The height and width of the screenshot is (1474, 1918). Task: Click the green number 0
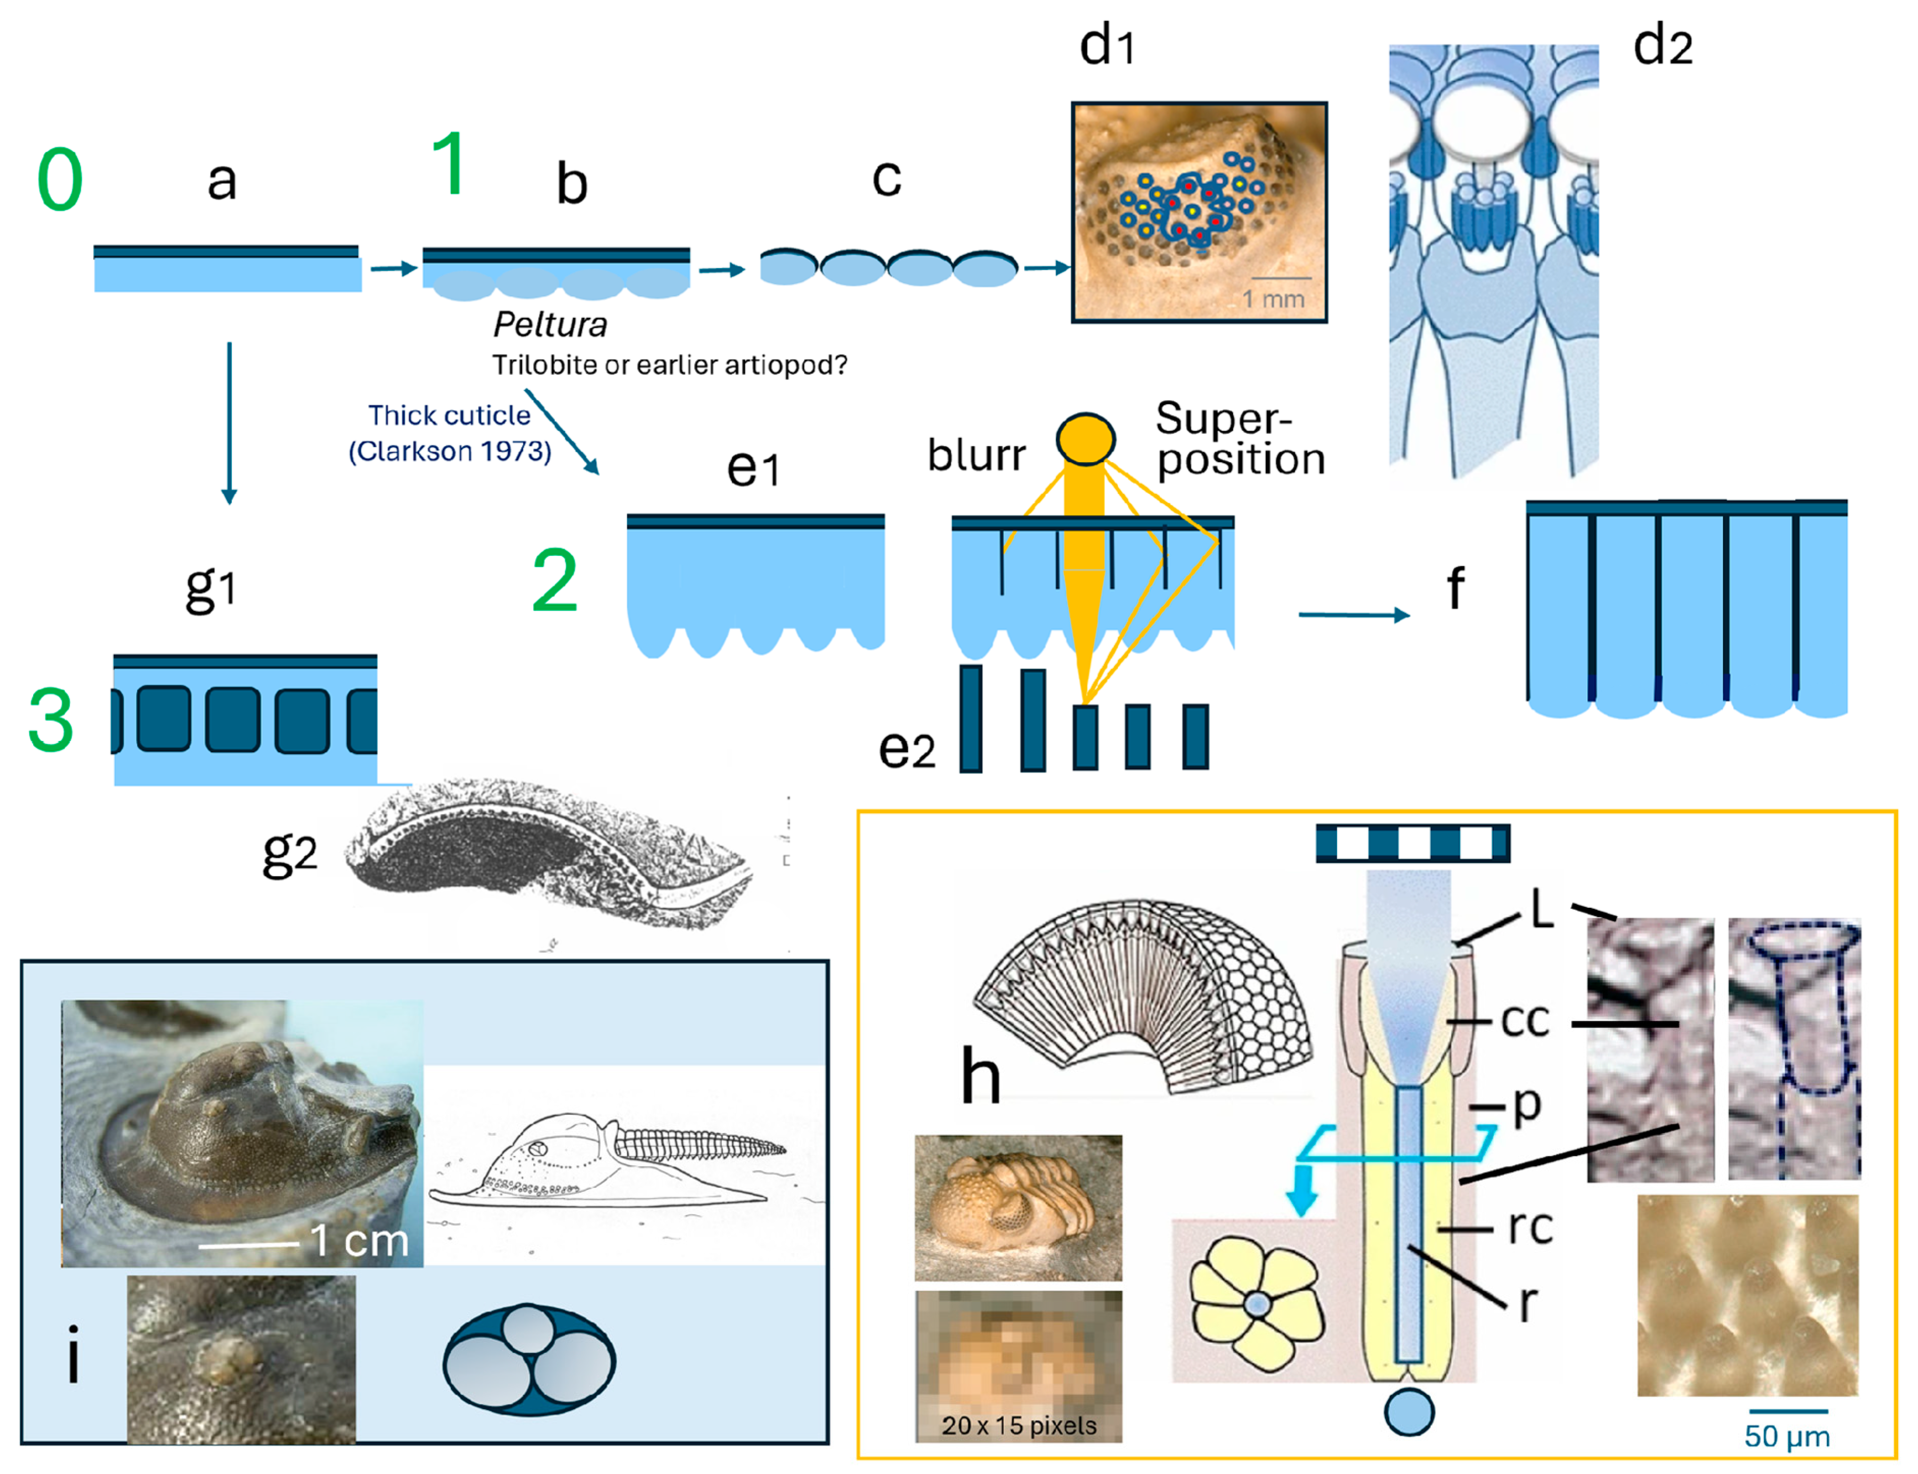pyautogui.click(x=60, y=181)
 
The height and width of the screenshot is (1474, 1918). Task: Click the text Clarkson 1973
pyautogui.click(x=450, y=451)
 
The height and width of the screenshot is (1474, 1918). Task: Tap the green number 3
pyautogui.click(x=50, y=719)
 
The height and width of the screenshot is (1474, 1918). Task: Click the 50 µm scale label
pyautogui.click(x=1787, y=1436)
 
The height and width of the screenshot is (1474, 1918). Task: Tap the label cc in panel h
pyautogui.click(x=1525, y=1020)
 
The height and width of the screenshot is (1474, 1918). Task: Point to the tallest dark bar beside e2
pyautogui.click(x=970, y=718)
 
